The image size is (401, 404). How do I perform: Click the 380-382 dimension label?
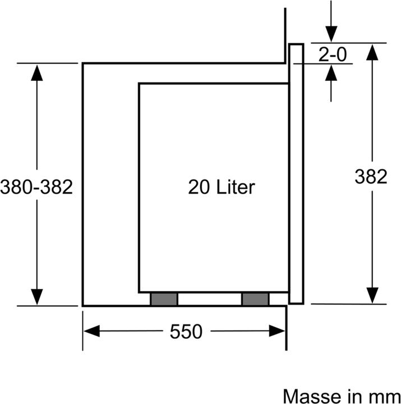coord(37,187)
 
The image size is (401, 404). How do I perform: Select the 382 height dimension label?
coord(371,176)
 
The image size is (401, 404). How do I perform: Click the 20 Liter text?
coord(221,187)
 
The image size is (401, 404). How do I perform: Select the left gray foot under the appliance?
coord(164,299)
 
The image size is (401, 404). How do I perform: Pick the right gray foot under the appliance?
coord(256,299)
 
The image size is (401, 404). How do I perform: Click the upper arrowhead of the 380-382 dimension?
coord(37,72)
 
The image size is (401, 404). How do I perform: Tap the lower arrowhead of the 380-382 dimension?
coord(37,296)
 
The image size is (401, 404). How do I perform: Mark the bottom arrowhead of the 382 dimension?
coord(371,295)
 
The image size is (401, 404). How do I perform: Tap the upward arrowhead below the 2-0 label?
coord(331,72)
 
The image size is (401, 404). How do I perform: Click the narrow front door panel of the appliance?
coord(296,174)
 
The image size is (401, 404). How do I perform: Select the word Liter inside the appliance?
coord(236,187)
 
